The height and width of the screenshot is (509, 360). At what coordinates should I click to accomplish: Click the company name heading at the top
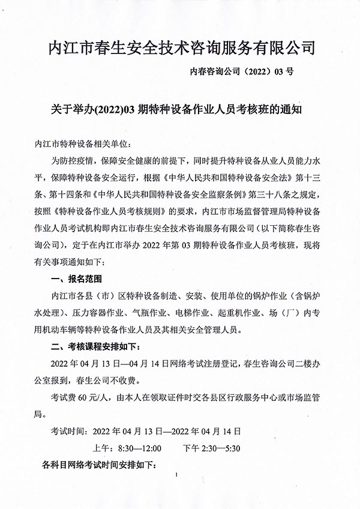pyautogui.click(x=181, y=47)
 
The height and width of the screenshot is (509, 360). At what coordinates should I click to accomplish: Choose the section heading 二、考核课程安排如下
pyautogui.click(x=98, y=346)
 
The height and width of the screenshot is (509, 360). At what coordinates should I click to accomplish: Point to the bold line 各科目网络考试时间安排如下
pyautogui.click(x=97, y=465)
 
